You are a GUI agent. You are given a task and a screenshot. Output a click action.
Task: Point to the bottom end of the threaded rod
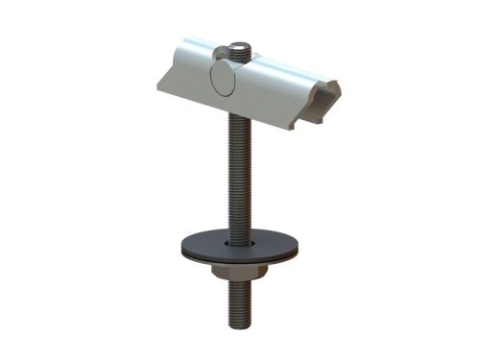[240, 324]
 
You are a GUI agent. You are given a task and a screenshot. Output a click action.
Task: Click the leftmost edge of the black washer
[182, 247]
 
